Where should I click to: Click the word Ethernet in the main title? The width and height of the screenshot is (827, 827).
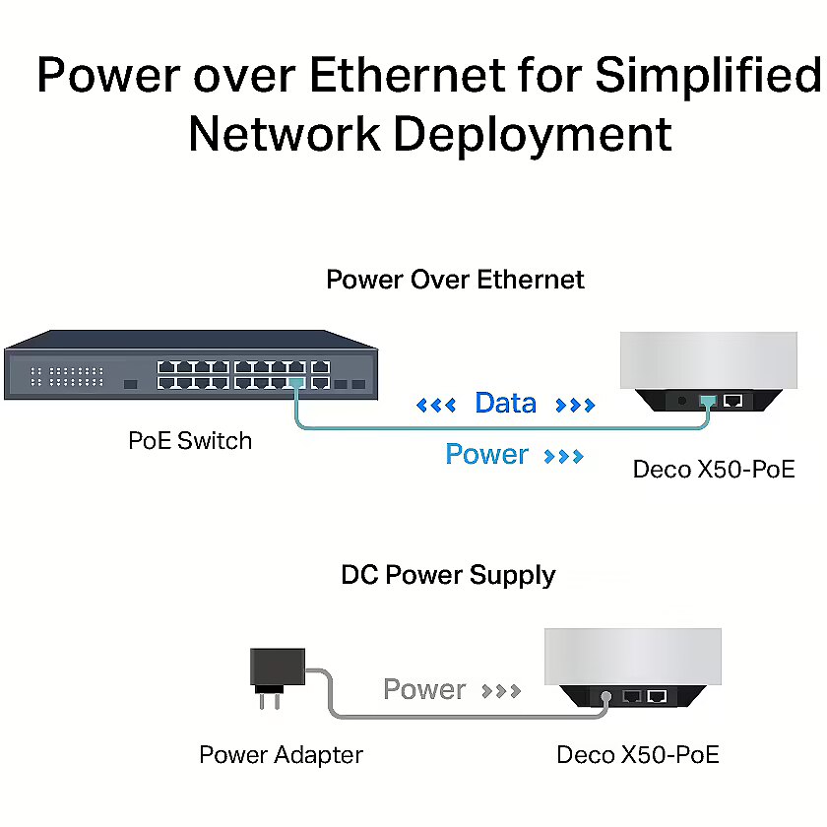tap(408, 75)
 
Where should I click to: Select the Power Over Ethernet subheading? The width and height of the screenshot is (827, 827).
tap(455, 279)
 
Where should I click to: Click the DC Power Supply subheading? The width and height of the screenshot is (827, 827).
tap(448, 575)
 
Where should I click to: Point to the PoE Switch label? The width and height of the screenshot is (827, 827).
tap(190, 441)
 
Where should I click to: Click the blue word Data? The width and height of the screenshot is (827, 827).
tap(505, 403)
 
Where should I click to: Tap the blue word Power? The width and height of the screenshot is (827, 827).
tap(486, 454)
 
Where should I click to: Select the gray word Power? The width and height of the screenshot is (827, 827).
tap(424, 689)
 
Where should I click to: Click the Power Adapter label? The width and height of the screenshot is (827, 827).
tap(282, 755)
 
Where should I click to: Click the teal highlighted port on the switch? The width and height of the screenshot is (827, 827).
tap(296, 383)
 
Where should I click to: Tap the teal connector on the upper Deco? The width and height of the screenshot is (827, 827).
tap(708, 402)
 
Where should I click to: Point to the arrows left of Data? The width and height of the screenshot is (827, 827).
tap(435, 405)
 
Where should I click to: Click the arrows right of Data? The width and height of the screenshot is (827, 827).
tap(575, 405)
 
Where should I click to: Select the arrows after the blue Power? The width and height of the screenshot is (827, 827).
tap(564, 456)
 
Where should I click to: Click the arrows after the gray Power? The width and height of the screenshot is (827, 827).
tap(501, 691)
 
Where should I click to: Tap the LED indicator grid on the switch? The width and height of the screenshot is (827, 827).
tap(67, 376)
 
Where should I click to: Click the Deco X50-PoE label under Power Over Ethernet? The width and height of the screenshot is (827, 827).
tap(714, 470)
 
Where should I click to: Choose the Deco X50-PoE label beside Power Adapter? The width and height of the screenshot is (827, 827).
tap(638, 755)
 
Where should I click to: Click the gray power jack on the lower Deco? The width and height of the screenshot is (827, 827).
tap(606, 697)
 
